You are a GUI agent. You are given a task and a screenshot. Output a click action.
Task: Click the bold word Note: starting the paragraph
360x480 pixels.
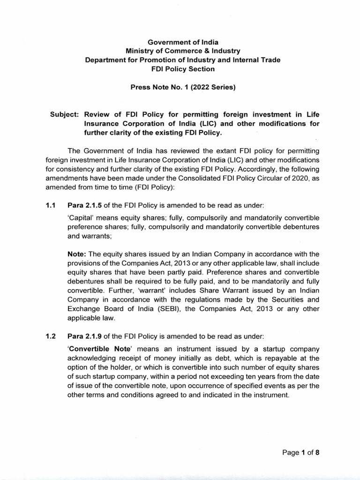click(78, 254)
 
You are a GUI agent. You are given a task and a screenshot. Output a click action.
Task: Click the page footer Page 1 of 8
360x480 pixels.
click(301, 453)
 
